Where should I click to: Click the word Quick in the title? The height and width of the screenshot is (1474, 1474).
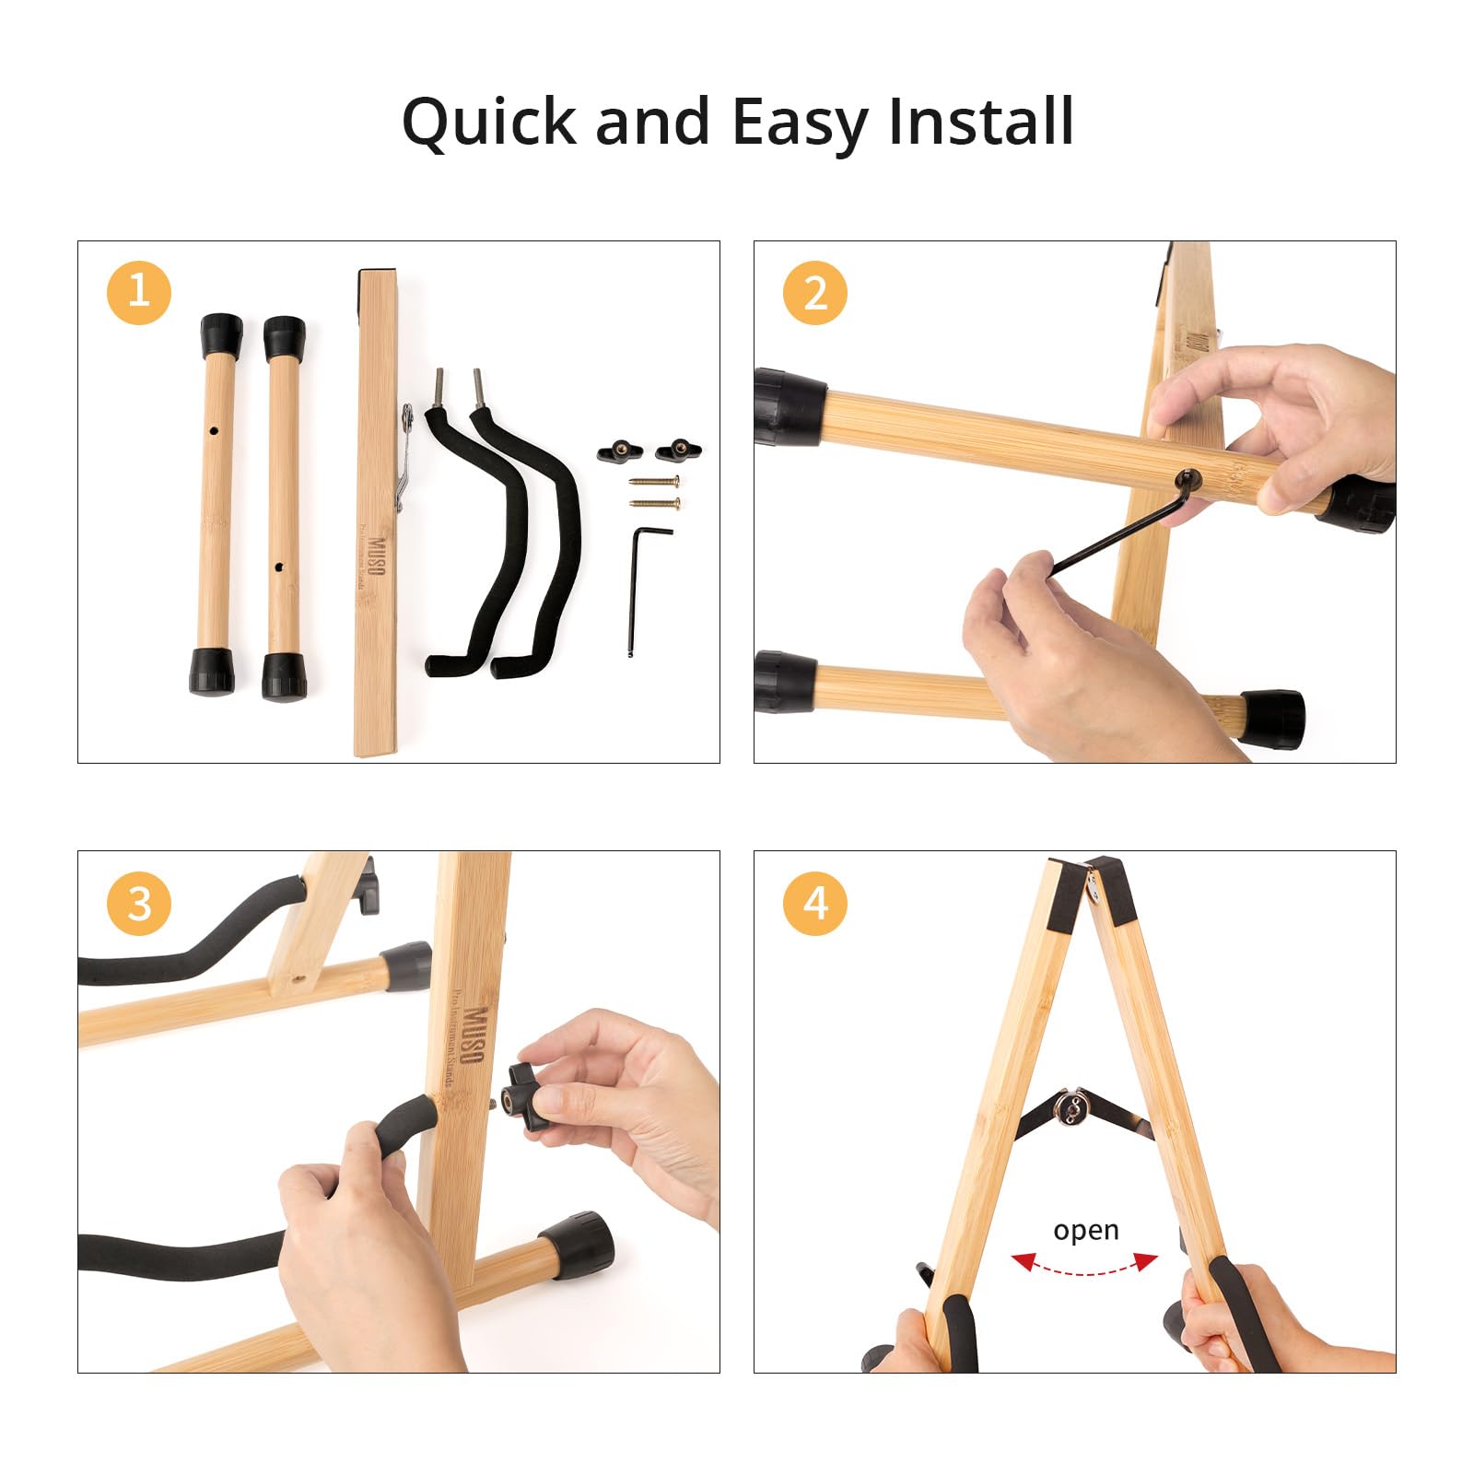pos(488,123)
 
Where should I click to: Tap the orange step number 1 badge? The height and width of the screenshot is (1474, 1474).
pos(139,292)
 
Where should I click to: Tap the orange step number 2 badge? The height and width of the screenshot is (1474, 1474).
pos(815,292)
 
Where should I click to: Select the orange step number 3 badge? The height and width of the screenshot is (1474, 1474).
pos(139,904)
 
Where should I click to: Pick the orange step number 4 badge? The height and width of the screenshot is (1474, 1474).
pos(815,904)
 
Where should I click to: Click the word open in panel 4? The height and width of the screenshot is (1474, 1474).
pos(1085,1231)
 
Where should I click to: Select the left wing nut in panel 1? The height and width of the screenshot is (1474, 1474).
pos(617,451)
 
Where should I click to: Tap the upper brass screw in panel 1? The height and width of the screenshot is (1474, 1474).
pos(655,481)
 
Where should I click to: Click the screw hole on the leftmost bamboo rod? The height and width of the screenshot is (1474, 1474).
pos(214,430)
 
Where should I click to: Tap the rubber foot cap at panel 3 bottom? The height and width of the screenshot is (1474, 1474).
pos(578,1246)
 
